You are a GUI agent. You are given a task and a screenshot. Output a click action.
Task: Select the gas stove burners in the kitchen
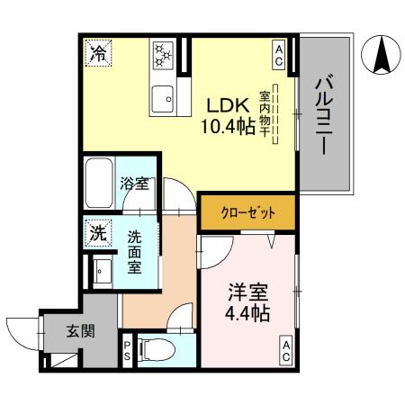pos(164,53)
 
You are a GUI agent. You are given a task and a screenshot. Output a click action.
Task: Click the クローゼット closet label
pos(236,213)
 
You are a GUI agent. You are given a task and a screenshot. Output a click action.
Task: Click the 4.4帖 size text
pos(246,315)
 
